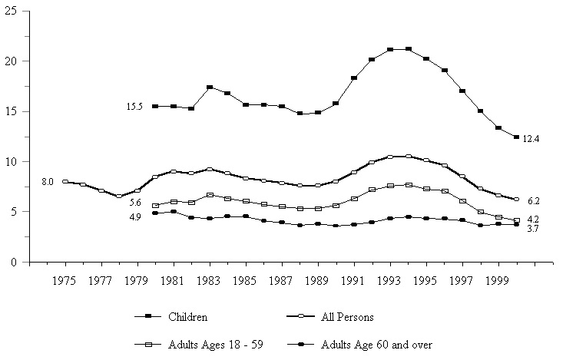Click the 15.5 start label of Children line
tap(135, 107)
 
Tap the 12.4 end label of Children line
tap(531, 139)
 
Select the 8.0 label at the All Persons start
tap(47, 182)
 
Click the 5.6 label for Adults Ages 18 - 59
tap(135, 203)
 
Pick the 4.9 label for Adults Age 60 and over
tap(135, 217)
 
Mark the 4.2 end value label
tap(531, 220)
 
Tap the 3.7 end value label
tap(531, 230)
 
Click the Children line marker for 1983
tap(210, 88)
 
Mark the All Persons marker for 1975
tap(65, 182)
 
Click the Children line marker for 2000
tap(516, 137)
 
